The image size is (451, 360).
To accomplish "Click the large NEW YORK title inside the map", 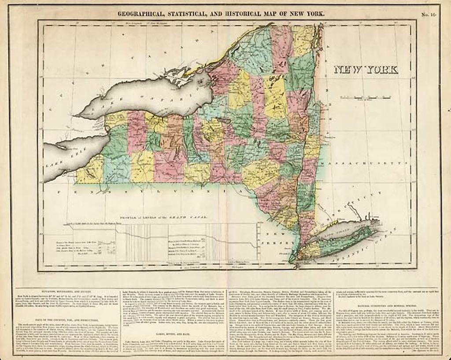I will (x=366, y=70).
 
